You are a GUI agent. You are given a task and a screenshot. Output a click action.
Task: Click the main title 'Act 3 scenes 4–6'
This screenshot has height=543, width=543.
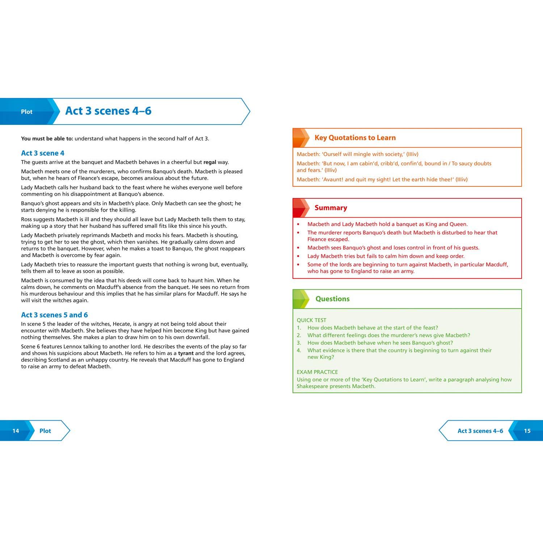tap(108, 111)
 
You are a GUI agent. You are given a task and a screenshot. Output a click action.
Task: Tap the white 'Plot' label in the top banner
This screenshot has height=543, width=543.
tap(26, 112)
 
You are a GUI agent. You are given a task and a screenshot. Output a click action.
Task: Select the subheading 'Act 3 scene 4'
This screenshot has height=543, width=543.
tap(43, 153)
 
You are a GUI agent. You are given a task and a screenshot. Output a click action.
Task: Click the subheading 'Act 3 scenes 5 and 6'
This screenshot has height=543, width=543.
tap(54, 315)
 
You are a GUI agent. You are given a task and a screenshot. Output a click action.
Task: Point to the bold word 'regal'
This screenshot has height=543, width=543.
tap(210, 162)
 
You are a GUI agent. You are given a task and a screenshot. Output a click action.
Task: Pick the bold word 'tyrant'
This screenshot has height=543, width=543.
tap(186, 353)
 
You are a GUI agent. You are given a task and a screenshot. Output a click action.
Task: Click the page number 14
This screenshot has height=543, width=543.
tap(16, 431)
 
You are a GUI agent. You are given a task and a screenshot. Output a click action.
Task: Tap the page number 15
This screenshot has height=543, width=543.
tap(527, 431)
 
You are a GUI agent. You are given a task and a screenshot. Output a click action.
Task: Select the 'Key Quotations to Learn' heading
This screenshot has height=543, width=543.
tap(355, 138)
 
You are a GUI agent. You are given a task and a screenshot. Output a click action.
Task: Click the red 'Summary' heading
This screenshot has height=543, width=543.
tap(331, 208)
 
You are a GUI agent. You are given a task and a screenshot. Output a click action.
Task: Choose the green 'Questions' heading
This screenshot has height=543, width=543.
tap(332, 299)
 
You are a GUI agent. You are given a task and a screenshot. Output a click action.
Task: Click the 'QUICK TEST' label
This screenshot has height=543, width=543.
tap(311, 320)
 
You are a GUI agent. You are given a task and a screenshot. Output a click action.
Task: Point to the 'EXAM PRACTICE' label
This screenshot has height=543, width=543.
tap(317, 372)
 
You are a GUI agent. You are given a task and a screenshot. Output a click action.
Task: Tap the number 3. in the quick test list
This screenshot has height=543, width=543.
tap(299, 343)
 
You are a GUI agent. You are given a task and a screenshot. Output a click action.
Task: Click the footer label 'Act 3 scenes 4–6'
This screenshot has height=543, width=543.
tap(480, 431)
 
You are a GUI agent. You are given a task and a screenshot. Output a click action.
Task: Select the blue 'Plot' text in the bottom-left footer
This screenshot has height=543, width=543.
tap(45, 431)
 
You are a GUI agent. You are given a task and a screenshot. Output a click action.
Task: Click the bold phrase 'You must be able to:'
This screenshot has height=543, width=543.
tap(47, 139)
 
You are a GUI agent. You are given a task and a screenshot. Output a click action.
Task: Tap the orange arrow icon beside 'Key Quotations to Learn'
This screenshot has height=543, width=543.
tap(301, 138)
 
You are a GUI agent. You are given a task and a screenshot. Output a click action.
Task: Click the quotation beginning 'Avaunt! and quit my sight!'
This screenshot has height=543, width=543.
tap(382, 180)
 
